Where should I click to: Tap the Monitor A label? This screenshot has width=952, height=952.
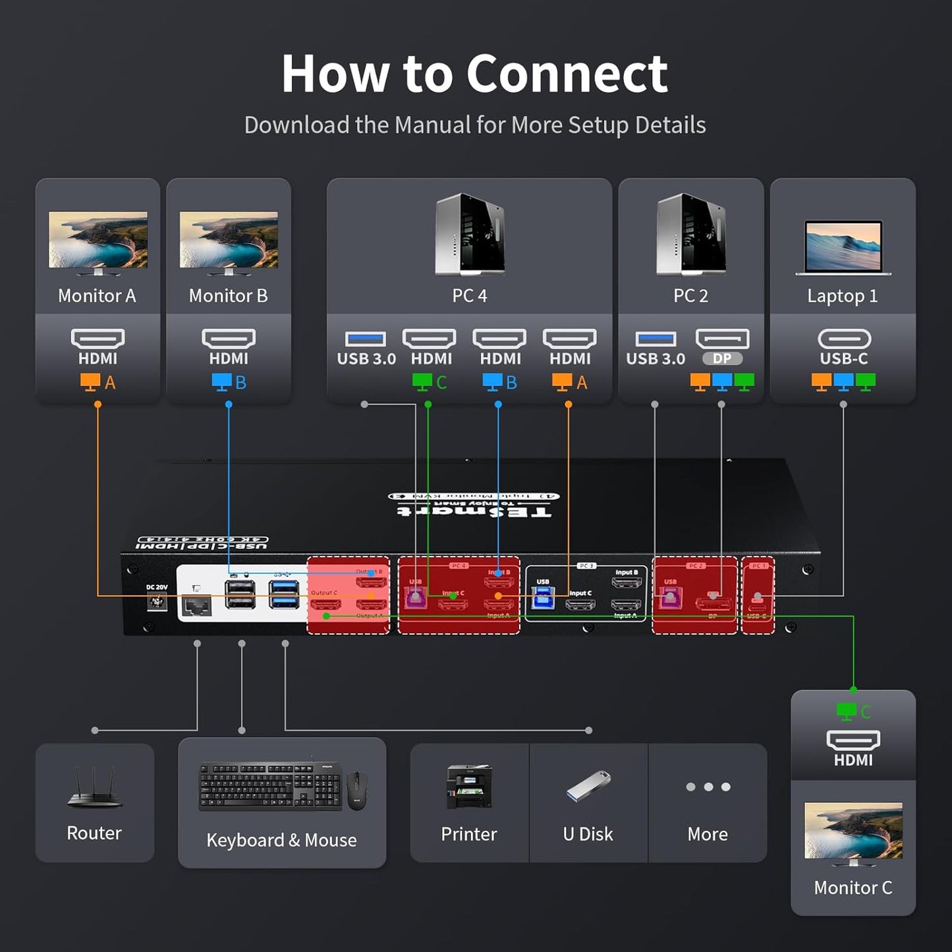pos(97,296)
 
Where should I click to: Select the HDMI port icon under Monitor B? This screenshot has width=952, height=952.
pos(229,339)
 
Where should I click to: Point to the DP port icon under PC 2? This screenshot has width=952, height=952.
pos(722,339)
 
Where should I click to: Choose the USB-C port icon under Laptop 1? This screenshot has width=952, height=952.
pos(843,339)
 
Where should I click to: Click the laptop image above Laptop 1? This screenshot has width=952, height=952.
pos(843,247)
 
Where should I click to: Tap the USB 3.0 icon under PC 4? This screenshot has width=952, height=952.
pos(366,339)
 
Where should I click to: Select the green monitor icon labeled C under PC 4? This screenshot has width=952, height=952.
pos(422,382)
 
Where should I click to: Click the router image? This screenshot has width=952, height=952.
pos(94,787)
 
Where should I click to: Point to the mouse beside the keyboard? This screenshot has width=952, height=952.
pos(356,790)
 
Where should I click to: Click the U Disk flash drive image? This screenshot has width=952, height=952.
pos(588,785)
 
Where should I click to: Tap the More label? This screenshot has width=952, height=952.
pos(708,834)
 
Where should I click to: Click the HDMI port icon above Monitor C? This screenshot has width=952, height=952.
pos(853,741)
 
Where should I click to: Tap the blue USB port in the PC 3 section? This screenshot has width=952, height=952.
pos(543,599)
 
